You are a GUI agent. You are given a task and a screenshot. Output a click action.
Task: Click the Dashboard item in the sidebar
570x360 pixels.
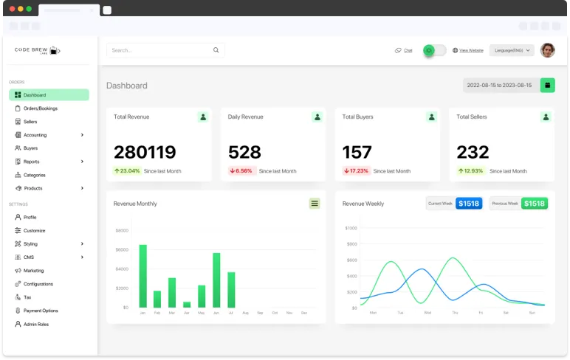[x=48, y=95]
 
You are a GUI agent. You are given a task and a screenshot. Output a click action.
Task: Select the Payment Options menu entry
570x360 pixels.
[x=41, y=311]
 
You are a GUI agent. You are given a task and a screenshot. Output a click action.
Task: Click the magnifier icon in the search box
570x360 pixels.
[x=216, y=50]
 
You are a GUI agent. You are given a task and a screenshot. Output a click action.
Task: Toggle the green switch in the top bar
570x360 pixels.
[x=434, y=50]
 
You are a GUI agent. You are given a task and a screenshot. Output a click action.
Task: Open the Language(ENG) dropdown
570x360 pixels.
[x=512, y=50]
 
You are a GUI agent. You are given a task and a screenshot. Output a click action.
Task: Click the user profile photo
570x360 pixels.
[x=547, y=50]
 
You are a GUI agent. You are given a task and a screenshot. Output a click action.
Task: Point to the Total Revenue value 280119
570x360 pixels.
[x=145, y=152]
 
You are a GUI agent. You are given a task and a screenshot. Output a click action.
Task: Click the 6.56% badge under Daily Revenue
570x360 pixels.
[x=241, y=170]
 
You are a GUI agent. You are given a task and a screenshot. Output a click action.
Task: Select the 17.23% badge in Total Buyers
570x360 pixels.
[x=356, y=170]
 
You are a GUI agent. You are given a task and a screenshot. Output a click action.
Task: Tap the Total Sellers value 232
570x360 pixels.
[x=473, y=152]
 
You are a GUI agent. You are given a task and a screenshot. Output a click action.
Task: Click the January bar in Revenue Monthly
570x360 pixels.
[x=142, y=276]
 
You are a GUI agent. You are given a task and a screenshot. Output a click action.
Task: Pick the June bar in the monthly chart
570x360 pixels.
[x=216, y=280]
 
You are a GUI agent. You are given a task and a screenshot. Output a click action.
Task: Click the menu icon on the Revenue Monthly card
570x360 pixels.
[x=315, y=203]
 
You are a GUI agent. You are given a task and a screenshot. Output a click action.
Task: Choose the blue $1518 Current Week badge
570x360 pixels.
[x=468, y=203]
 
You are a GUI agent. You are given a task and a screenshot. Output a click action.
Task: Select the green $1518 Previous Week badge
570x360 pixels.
[x=534, y=203]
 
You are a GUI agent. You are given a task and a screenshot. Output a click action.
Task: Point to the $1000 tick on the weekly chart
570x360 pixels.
[x=351, y=228]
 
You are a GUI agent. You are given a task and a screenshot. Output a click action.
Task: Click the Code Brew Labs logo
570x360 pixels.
[x=38, y=50]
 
